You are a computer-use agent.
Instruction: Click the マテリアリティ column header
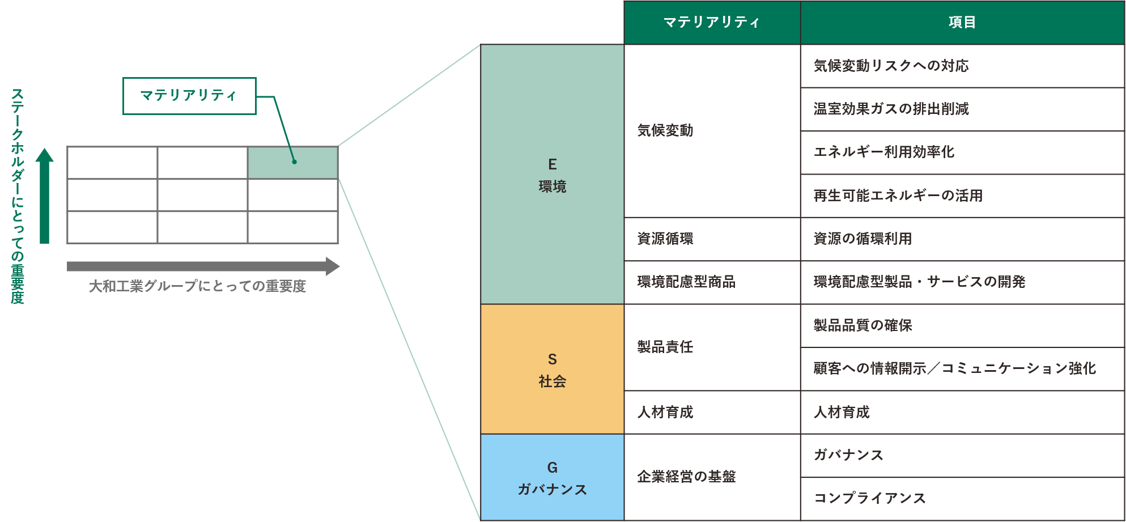pyautogui.click(x=712, y=23)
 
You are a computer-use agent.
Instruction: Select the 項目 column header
pyautogui.click(x=962, y=23)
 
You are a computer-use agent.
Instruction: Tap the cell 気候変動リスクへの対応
pyautogui.click(x=962, y=66)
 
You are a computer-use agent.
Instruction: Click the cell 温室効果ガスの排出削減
pyautogui.click(x=962, y=109)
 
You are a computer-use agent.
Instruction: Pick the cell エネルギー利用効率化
pyautogui.click(x=962, y=152)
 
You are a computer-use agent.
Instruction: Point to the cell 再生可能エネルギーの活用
pyautogui.click(x=962, y=196)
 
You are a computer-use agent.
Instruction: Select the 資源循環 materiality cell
pyautogui.click(x=712, y=239)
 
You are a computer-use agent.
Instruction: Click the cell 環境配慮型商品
pyautogui.click(x=712, y=282)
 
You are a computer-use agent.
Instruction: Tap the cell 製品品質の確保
pyautogui.click(x=962, y=326)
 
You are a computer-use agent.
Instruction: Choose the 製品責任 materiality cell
pyautogui.click(x=712, y=347)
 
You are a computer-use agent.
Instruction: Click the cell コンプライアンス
pyautogui.click(x=962, y=499)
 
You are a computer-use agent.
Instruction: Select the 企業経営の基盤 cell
pyautogui.click(x=712, y=477)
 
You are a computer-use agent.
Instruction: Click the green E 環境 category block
pyautogui.click(x=553, y=175)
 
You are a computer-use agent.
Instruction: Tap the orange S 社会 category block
pyautogui.click(x=553, y=370)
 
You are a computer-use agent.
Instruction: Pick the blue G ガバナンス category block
pyautogui.click(x=553, y=477)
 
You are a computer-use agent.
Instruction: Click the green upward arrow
pyautogui.click(x=45, y=196)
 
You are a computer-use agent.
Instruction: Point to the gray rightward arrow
pyautogui.click(x=203, y=266)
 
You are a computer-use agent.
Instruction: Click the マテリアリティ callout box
pyautogui.click(x=189, y=96)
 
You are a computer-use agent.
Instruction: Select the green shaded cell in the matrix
pyautogui.click(x=293, y=163)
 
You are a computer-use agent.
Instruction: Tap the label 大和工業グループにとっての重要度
pyautogui.click(x=197, y=286)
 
